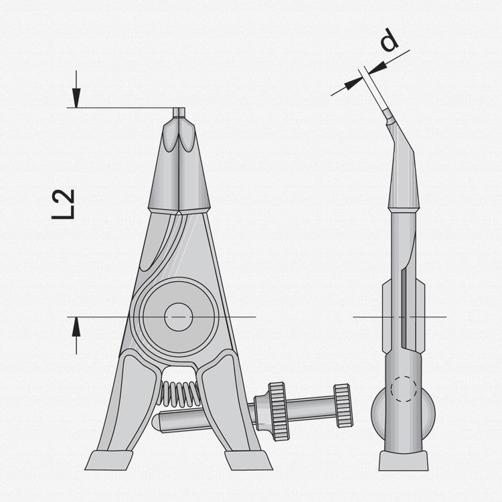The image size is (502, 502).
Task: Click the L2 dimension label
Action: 64,204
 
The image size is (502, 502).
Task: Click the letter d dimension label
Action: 389,41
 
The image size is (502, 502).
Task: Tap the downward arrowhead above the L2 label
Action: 77,99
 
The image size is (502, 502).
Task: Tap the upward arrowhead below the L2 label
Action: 76,326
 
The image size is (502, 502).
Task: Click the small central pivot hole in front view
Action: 178,316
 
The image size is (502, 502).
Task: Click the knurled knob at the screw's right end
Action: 343,405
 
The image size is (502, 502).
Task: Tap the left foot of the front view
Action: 109,460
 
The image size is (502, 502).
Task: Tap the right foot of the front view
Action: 248,460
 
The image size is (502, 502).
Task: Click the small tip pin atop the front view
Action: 179,112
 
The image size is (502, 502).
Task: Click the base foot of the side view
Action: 403,461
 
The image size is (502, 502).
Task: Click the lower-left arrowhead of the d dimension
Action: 355,81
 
